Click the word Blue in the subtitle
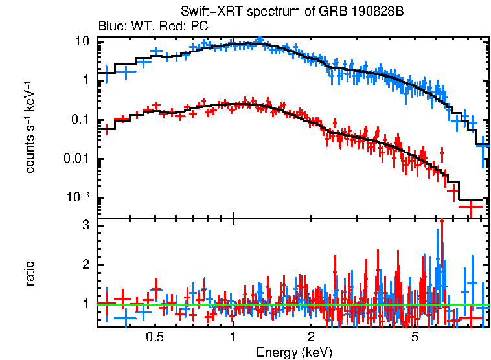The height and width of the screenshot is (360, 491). click(109, 27)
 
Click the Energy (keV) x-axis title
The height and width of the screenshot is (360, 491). click(294, 352)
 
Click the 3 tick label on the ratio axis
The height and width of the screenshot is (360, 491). click(85, 225)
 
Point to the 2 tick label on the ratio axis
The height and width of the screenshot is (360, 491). click(85, 265)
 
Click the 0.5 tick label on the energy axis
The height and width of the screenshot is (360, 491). click(154, 337)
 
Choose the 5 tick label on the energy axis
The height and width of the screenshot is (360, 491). click(415, 337)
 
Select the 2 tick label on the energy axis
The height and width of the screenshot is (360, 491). click(311, 337)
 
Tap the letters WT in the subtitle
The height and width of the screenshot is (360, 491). click(137, 27)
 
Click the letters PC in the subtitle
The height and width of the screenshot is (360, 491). click(199, 27)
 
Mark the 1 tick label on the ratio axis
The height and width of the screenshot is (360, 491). click(85, 304)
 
